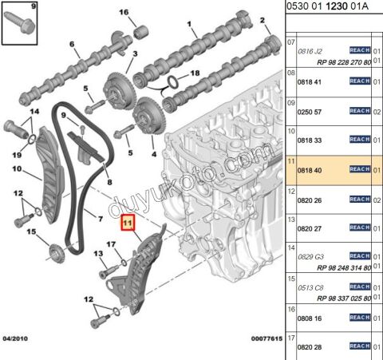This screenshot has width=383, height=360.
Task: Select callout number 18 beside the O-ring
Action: click(195, 73)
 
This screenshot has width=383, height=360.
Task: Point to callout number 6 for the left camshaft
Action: click(72, 45)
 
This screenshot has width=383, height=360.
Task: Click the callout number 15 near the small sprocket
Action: click(31, 233)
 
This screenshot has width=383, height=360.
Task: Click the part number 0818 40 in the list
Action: click(309, 169)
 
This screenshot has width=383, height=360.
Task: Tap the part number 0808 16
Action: click(309, 318)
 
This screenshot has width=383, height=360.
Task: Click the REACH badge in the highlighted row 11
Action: click(360, 169)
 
